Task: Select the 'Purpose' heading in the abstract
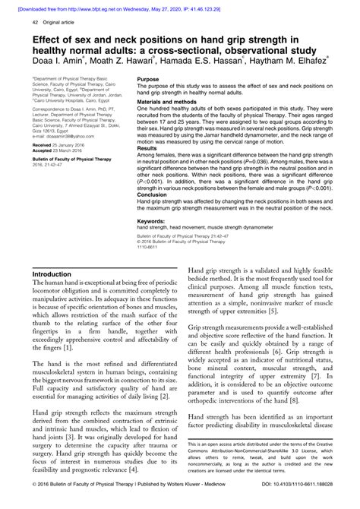149,78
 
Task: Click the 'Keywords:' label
153,221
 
